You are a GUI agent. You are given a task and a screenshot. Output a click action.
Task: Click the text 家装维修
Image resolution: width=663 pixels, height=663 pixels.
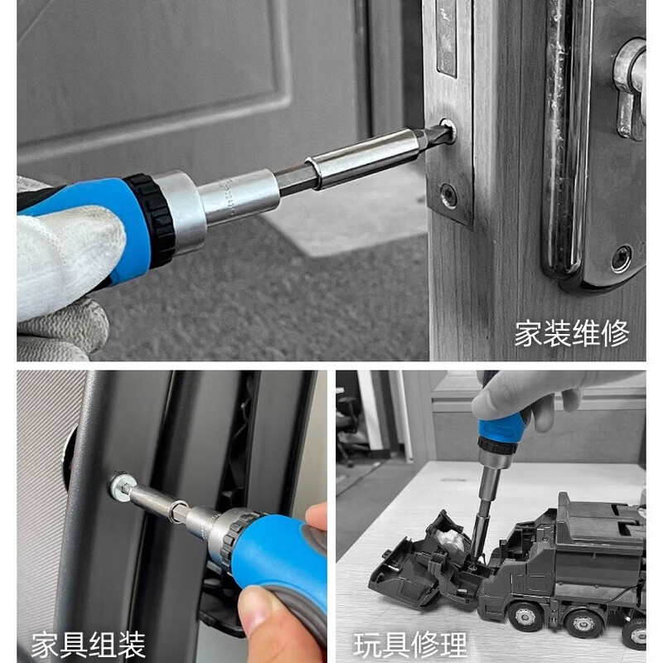[571, 333]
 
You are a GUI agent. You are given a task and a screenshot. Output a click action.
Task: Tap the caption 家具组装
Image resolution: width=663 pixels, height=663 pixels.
[89, 643]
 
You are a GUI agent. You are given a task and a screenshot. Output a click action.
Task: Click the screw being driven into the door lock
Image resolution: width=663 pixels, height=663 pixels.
[448, 132]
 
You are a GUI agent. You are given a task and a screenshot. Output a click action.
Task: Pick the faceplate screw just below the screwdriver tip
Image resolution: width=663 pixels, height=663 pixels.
[448, 196]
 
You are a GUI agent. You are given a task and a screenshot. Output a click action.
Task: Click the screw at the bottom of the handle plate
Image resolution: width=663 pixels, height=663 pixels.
[621, 259]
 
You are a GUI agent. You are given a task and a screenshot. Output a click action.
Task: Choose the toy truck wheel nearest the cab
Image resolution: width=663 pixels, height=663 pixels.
[523, 617]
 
